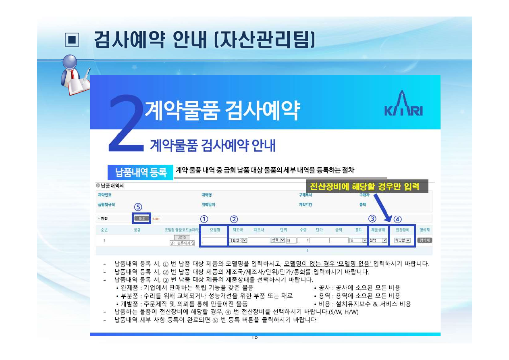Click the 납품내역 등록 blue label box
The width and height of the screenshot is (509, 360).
tap(141, 173)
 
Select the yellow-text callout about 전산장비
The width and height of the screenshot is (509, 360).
tap(367, 186)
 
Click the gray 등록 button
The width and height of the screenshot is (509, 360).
tap(141, 218)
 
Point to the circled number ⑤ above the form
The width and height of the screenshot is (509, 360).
tap(138, 207)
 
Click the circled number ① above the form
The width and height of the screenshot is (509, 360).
tap(204, 219)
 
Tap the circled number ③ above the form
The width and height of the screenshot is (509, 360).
tap(372, 219)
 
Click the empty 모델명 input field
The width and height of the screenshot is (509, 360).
tap(214, 240)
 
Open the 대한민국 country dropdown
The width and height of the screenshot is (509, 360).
tap(238, 240)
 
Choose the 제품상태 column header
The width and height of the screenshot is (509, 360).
tap(378, 230)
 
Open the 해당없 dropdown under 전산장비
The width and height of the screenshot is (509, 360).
tap(402, 240)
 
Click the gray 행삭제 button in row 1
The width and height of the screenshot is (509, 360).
tap(424, 240)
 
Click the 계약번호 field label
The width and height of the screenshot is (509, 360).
tap(105, 195)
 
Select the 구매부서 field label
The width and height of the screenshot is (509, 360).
tap(305, 195)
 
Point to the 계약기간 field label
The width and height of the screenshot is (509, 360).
tap(305, 205)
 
